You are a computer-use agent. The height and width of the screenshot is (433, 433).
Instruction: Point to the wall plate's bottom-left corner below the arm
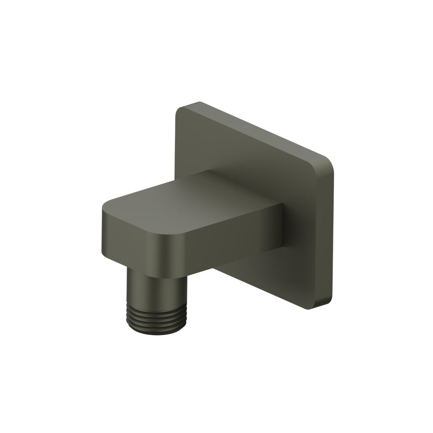216,268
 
